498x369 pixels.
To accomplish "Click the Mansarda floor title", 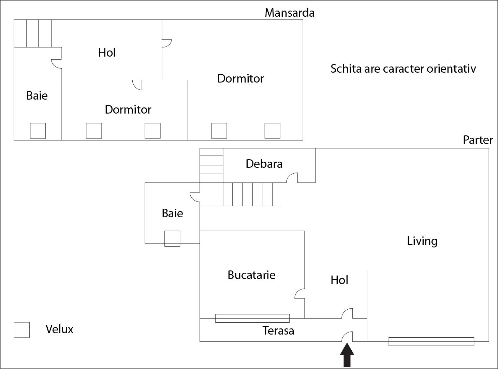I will click(289, 13).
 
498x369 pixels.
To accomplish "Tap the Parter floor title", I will click(478, 140).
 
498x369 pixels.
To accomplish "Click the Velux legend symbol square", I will click(21, 330).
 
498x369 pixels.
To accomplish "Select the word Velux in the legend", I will click(59, 329).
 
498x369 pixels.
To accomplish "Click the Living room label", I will click(422, 241).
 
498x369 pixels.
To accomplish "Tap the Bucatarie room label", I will click(251, 275).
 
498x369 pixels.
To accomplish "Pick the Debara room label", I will click(264, 164).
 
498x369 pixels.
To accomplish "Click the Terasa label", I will click(278, 330).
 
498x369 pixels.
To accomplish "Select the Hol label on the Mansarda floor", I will click(107, 53).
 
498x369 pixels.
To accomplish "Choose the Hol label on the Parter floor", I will click(339, 280).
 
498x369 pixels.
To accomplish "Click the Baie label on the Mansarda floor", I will click(37, 95).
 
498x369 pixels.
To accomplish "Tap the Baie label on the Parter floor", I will click(172, 213).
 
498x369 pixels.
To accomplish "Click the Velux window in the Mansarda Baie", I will click(38, 131).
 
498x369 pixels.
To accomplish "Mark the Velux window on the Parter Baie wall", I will click(172, 238).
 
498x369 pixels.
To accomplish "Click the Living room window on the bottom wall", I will click(431, 341).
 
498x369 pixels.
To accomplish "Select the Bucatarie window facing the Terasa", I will click(252, 318).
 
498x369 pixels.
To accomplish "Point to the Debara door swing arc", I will click(292, 177).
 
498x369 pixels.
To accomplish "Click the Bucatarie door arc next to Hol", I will click(299, 294).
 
